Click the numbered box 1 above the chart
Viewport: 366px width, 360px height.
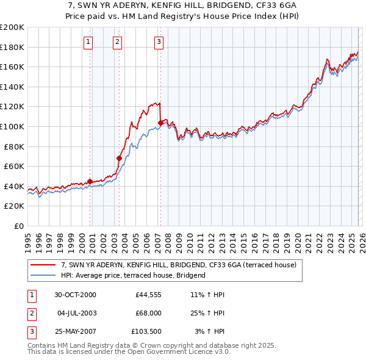pos(88,42)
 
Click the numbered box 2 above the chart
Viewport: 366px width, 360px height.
pos(117,42)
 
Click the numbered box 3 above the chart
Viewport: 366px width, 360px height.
pos(159,42)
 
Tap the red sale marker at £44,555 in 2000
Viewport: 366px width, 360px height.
pos(90,181)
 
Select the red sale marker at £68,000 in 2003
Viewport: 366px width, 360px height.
pos(119,158)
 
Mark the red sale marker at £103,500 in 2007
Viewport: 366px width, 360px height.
pos(160,123)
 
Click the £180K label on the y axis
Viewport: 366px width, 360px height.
pos(12,47)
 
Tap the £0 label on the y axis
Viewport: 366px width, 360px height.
pos(18,226)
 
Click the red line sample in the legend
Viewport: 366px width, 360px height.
pos(43,265)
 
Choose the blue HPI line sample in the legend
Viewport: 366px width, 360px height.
pos(43,276)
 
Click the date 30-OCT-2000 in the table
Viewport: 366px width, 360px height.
pos(74,295)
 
